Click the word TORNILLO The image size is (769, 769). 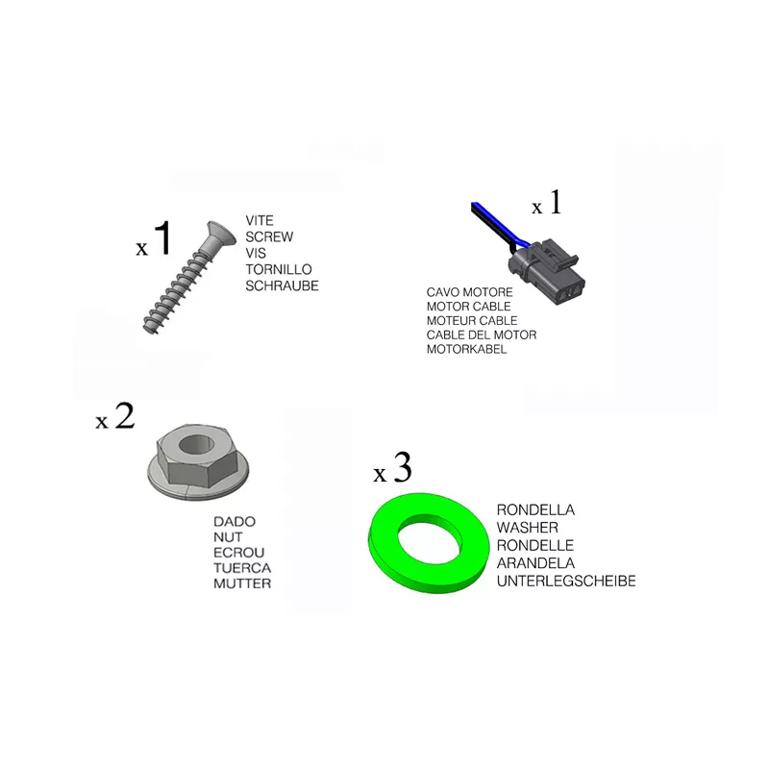[x=279, y=269]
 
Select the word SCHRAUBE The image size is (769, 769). [x=282, y=285]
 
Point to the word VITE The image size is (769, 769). [x=260, y=221]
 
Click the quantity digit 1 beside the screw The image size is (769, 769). [x=162, y=237]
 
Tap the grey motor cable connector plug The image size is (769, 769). [x=547, y=271]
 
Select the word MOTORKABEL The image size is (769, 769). [x=466, y=349]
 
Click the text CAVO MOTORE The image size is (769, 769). [x=469, y=292]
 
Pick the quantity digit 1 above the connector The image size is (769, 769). [x=556, y=202]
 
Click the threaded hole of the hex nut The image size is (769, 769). [x=196, y=445]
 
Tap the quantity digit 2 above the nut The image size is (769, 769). [x=124, y=416]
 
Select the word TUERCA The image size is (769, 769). [x=242, y=568]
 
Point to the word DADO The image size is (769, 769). [x=235, y=521]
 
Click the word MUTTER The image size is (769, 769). [x=242, y=583]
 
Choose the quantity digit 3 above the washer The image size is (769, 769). [x=402, y=467]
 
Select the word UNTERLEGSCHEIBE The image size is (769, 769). [x=566, y=582]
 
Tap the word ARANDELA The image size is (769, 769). [x=535, y=563]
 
